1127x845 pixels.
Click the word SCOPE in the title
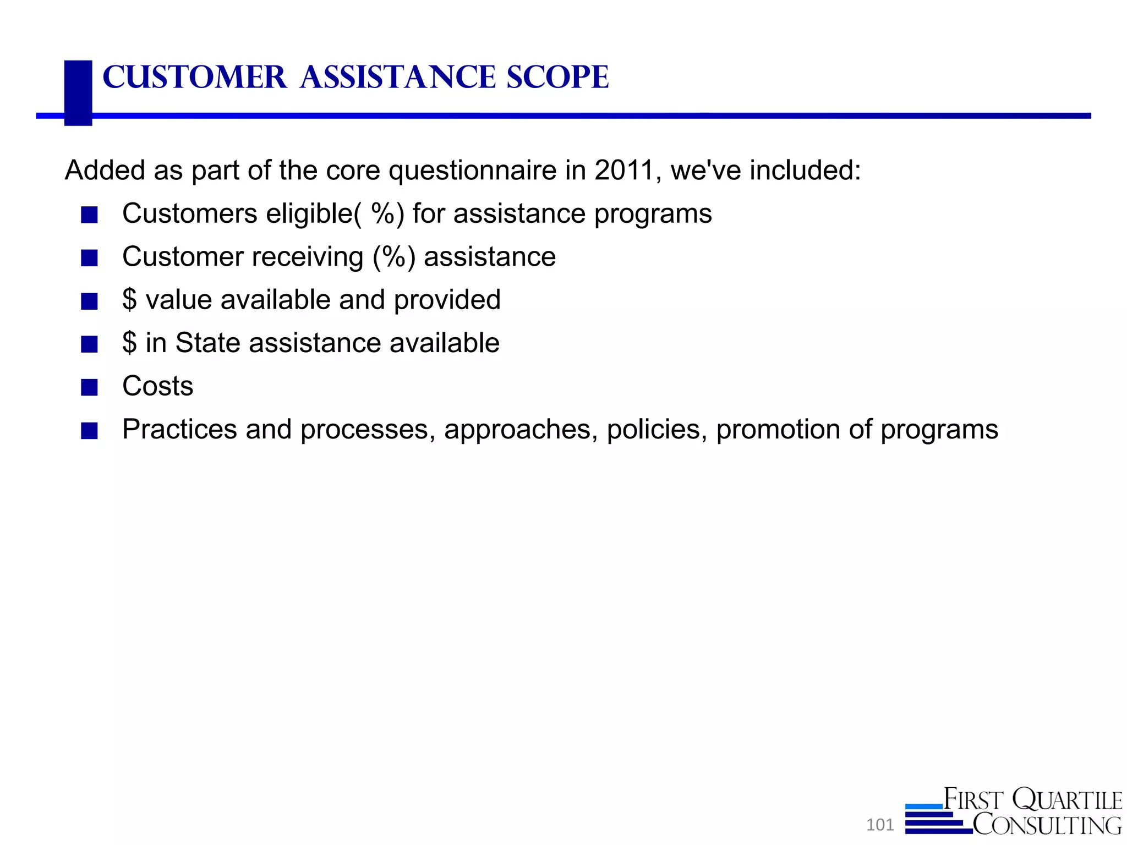(x=557, y=77)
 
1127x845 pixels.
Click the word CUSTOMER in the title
(x=195, y=77)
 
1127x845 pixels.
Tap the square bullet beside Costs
(x=89, y=387)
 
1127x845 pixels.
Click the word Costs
(x=158, y=386)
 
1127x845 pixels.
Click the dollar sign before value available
(x=129, y=300)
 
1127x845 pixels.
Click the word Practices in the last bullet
(x=179, y=429)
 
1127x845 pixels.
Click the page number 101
(x=879, y=825)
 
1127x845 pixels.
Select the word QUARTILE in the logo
(x=1067, y=800)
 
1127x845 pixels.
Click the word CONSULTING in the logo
(x=1047, y=825)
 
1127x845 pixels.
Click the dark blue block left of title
(x=78, y=92)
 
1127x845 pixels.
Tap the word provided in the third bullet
(x=447, y=300)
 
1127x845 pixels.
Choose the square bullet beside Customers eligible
(x=89, y=215)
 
